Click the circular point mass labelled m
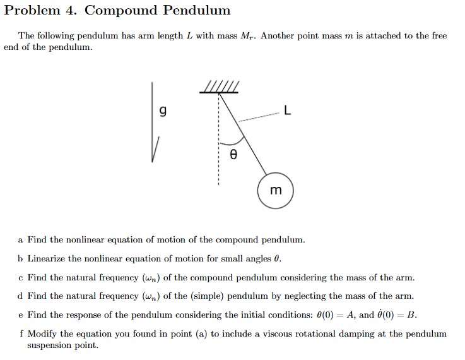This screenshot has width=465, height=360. pyautogui.click(x=275, y=189)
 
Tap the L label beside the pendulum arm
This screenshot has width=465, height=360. pyautogui.click(x=288, y=112)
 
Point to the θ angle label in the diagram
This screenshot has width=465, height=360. pyautogui.click(x=233, y=153)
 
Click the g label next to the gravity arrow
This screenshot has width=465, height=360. pyautogui.click(x=163, y=112)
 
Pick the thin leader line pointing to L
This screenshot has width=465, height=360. pyautogui.click(x=259, y=116)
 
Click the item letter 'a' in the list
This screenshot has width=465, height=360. pyautogui.click(x=21, y=240)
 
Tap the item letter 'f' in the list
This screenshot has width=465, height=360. pyautogui.click(x=21, y=333)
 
